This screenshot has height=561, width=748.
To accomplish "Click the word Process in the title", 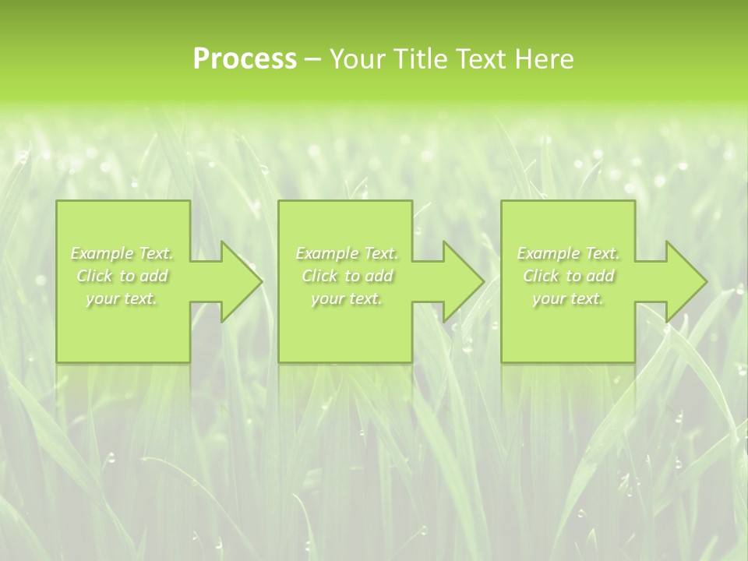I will tap(245, 59).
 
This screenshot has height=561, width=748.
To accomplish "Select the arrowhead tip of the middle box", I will tap(482, 281).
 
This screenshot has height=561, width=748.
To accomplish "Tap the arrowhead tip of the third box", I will tap(705, 281).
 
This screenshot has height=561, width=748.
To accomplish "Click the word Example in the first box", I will tap(101, 253).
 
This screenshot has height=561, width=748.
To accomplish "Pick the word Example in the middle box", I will tap(326, 253).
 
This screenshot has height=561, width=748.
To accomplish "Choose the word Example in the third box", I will tap(548, 253).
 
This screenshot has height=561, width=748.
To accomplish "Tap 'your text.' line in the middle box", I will tap(347, 298).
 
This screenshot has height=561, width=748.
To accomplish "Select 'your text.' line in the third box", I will tap(568, 298).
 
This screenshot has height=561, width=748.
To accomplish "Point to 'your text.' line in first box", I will tap(122, 298).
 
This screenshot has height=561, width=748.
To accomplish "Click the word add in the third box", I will tap(600, 276).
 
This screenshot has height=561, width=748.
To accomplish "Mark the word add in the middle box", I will tap(379, 276).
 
